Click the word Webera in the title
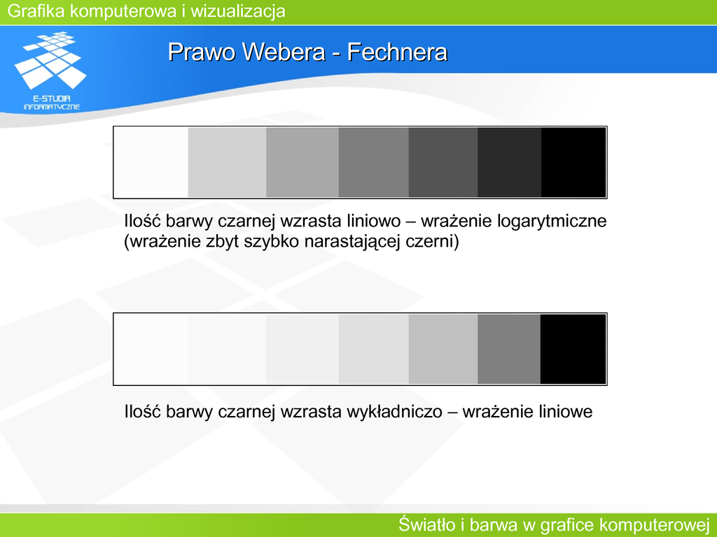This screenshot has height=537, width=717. tap(284, 52)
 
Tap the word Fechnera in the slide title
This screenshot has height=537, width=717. tap(397, 52)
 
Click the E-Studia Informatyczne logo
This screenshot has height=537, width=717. tap(50, 71)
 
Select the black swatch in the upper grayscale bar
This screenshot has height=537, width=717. tap(573, 162)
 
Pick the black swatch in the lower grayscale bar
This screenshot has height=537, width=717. tap(573, 350)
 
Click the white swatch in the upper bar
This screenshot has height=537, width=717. tap(151, 162)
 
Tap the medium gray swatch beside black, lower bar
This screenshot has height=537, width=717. tap(509, 350)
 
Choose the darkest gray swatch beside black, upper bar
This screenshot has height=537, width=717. tap(510, 162)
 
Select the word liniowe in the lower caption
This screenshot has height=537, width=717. tap(564, 412)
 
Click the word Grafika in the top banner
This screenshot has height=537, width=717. tap(36, 11)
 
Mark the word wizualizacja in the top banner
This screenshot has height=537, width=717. tap(238, 11)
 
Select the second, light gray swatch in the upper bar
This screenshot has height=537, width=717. tap(228, 162)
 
